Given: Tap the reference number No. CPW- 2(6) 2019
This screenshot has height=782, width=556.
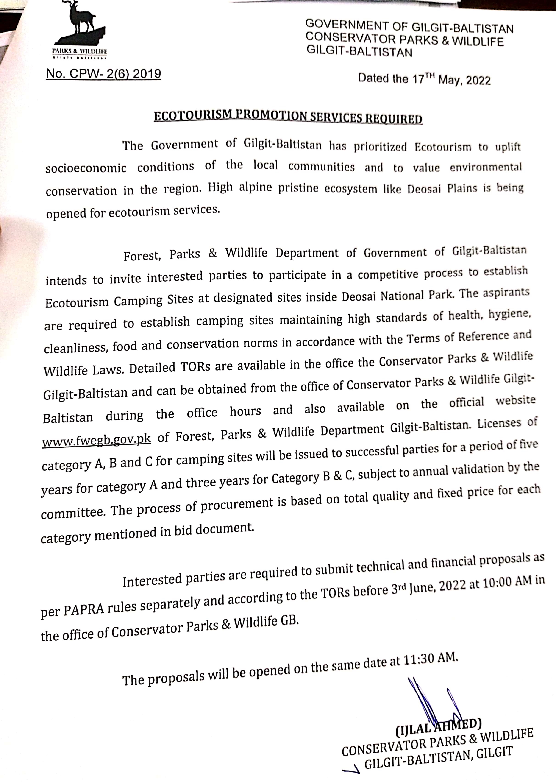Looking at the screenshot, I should tap(103, 74).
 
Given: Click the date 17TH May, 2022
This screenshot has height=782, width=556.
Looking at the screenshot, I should tap(451, 79).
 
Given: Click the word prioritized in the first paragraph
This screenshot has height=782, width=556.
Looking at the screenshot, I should tap(380, 147).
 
